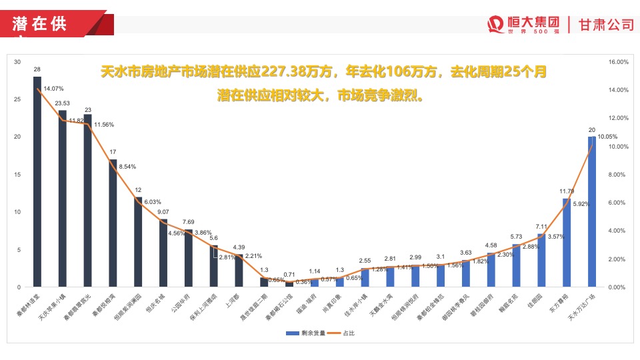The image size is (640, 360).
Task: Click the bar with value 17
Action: click(113, 223)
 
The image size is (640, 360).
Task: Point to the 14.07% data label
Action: click(53, 89)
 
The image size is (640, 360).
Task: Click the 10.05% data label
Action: click(606, 136)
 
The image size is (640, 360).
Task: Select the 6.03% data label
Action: click(152, 201)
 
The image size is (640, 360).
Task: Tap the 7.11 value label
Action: click(541, 226)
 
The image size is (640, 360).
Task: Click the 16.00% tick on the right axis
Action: click(619, 62)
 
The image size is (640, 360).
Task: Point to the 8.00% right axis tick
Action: click(618, 175)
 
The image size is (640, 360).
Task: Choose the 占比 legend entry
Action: click(345, 333)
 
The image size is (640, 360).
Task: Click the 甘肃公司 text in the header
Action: click(606, 24)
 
